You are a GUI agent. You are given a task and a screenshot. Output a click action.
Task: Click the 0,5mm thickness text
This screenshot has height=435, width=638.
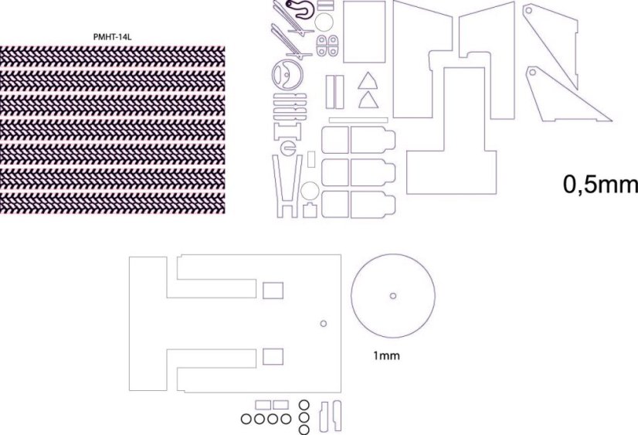[600, 185]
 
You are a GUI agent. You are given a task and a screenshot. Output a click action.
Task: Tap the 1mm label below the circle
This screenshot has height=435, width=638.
[386, 357]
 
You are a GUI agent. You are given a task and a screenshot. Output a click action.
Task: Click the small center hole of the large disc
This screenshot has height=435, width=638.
[392, 295]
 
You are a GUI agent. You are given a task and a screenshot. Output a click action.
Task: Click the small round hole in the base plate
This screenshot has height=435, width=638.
[324, 322]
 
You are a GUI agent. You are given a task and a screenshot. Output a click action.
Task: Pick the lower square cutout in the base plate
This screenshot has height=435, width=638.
[273, 356]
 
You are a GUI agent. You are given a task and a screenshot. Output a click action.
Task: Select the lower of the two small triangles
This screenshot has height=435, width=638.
[367, 100]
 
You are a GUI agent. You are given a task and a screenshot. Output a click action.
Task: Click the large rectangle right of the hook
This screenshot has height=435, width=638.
[363, 32]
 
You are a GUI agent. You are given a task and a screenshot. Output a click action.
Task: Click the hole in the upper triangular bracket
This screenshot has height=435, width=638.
[530, 12]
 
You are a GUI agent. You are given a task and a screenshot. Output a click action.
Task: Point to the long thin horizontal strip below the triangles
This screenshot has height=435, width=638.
[358, 120]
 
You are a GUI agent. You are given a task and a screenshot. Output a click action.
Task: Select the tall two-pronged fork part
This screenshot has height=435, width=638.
[287, 185]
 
